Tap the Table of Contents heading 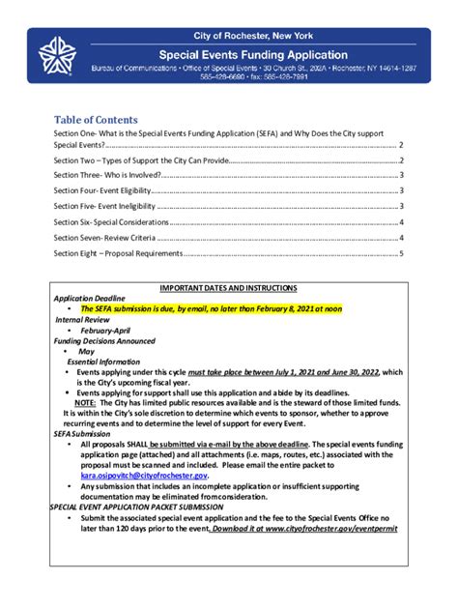pos(96,120)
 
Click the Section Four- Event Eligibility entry pos(103,191)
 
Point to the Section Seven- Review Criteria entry pos(105,238)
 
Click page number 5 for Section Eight pos(401,253)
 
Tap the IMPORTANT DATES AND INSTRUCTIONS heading pos(228,288)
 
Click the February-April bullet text pos(107,330)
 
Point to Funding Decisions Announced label pos(104,340)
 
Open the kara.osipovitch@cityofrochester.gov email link pos(144,476)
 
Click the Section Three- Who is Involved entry pos(107,176)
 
